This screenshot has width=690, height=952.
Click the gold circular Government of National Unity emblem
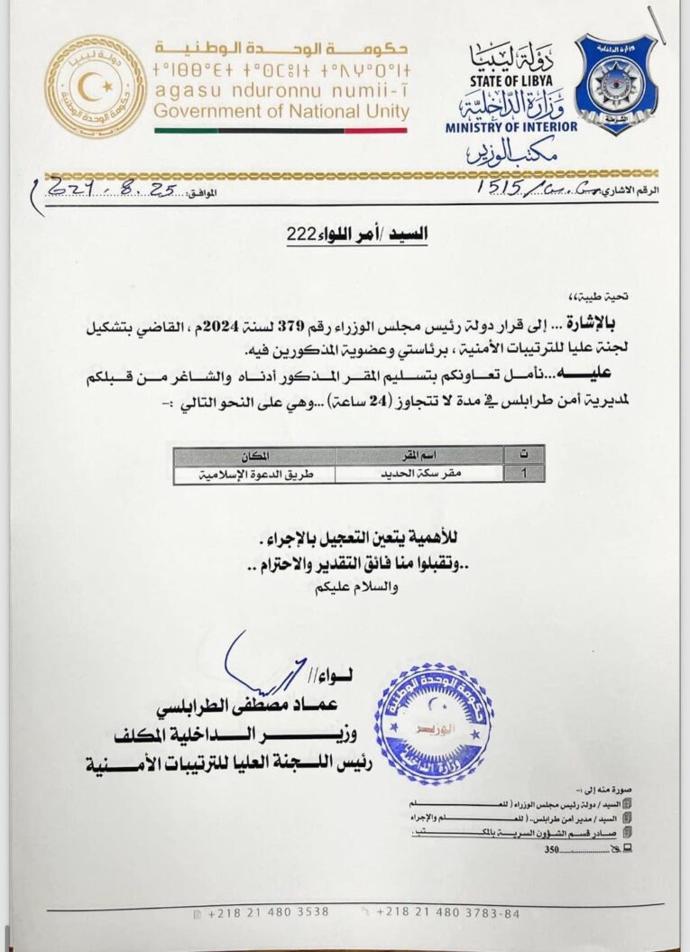95,87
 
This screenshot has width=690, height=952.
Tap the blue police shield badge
617,84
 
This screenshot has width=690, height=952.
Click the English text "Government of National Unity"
281,112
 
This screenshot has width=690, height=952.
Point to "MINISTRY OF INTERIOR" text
511,127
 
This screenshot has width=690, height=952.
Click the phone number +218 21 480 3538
268,911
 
